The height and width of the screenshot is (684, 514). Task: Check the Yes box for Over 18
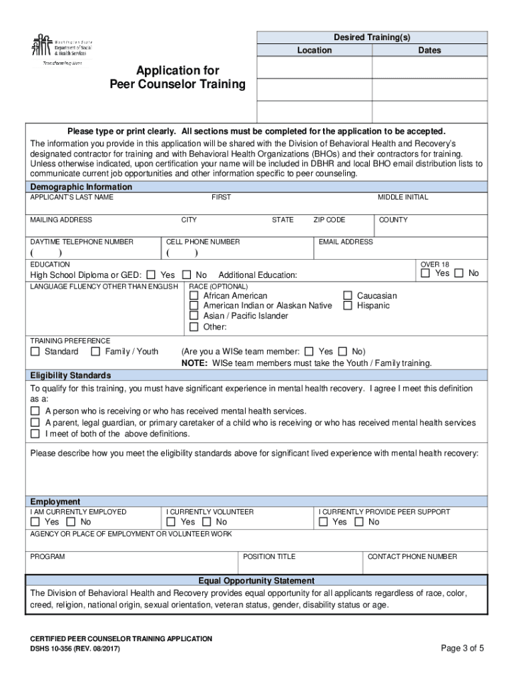[x=425, y=273]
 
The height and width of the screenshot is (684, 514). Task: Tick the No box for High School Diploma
[x=187, y=275]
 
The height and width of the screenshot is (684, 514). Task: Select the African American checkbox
[x=194, y=295]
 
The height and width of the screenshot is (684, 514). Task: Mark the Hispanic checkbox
[x=348, y=305]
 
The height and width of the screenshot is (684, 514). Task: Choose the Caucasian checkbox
[x=348, y=295]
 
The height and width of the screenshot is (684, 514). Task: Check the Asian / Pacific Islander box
[x=194, y=316]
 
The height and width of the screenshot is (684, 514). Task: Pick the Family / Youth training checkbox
[x=95, y=351]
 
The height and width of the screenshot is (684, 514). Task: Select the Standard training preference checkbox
[x=35, y=351]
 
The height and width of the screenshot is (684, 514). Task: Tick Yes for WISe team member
[x=309, y=351]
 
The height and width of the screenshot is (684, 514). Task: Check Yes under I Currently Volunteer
[x=172, y=522]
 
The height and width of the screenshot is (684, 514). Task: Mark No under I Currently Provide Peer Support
[x=359, y=522]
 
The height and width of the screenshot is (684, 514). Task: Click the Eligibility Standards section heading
[x=71, y=375]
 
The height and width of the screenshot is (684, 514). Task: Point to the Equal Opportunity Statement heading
[x=256, y=580]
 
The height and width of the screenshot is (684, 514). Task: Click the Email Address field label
[x=346, y=242]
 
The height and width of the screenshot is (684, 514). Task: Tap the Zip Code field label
[x=329, y=220]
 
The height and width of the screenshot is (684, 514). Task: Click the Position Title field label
[x=269, y=556]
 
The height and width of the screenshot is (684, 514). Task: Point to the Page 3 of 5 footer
[x=463, y=648]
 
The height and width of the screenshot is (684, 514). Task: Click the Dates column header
[x=429, y=50]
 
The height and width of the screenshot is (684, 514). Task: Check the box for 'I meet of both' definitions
[x=35, y=434]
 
